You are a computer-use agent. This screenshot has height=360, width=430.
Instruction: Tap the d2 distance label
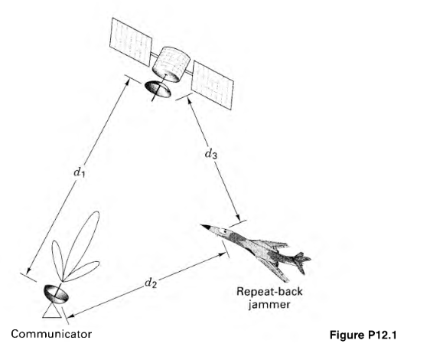click(152, 283)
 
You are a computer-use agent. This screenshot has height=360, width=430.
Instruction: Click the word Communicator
click(51, 334)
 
